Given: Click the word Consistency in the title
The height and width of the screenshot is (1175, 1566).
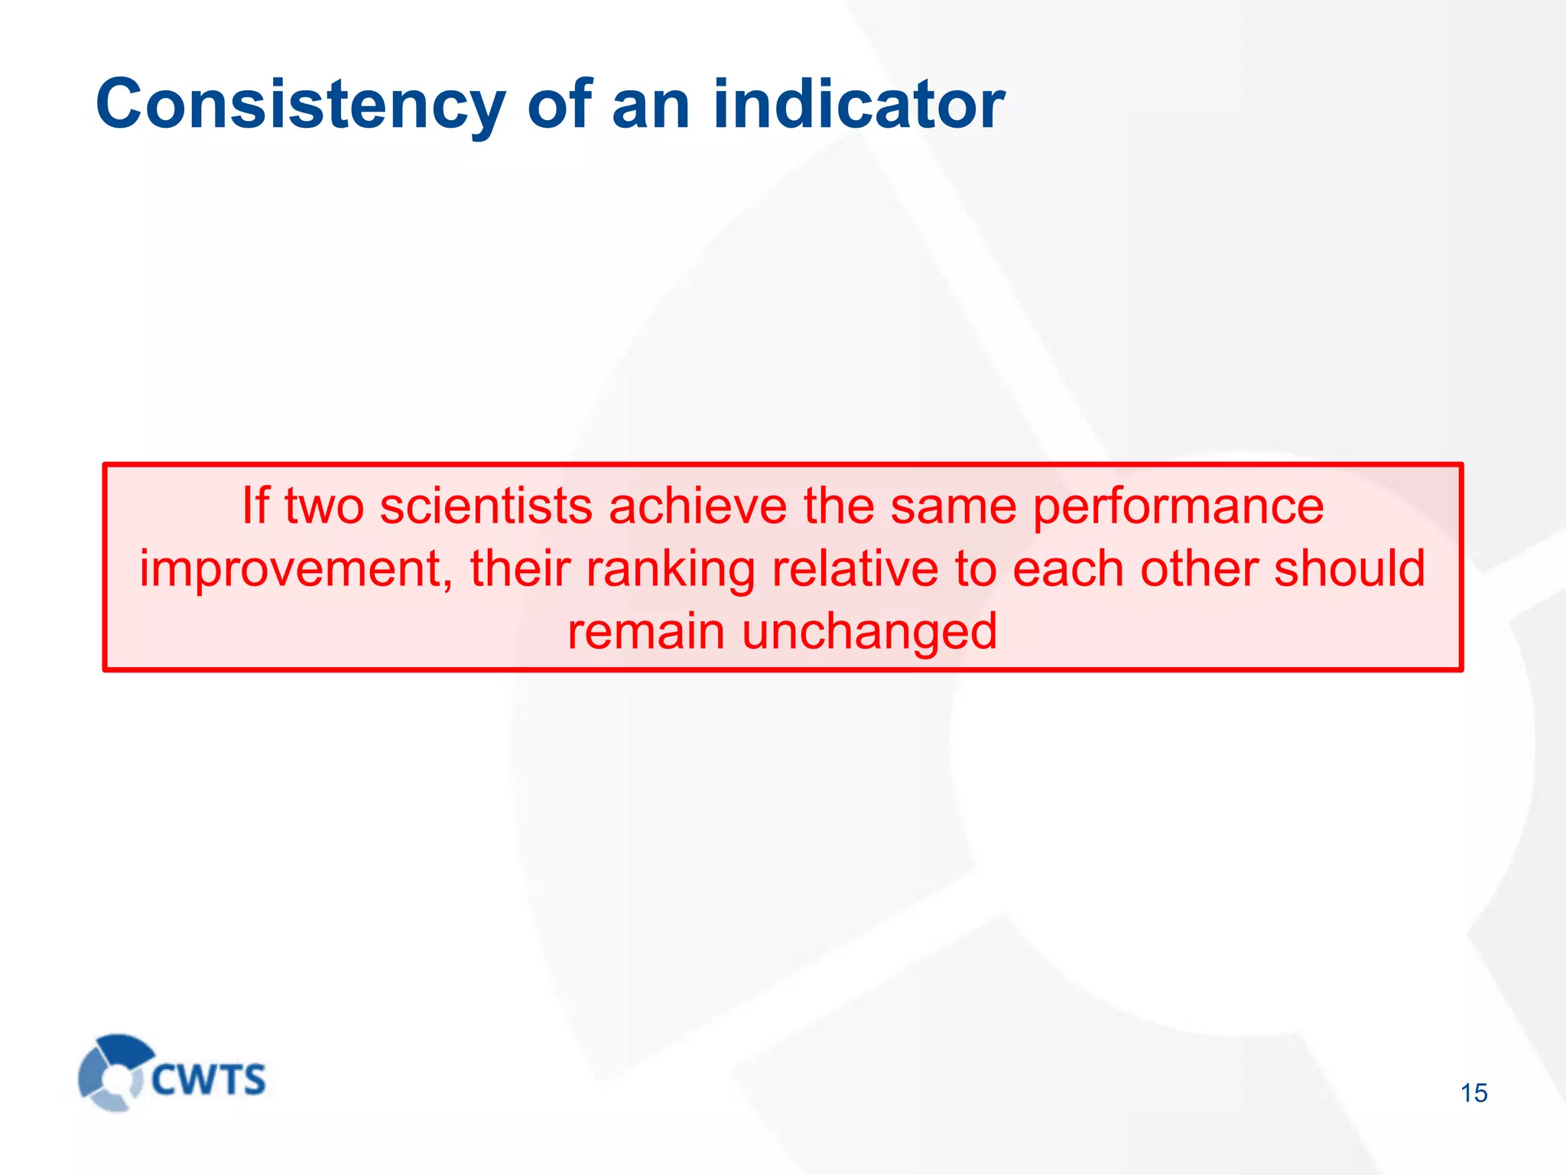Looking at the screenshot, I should [x=300, y=105].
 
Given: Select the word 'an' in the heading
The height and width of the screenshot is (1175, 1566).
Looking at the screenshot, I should [x=650, y=105].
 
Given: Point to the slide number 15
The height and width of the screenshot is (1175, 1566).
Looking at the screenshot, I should [x=1473, y=1093].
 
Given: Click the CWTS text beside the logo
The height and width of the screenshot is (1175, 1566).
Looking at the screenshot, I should [x=208, y=1080].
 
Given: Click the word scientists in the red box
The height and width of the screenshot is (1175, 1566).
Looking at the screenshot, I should [x=486, y=506].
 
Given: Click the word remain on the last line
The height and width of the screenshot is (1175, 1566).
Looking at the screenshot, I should [x=645, y=633].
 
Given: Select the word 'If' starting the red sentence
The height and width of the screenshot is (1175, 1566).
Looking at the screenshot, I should [x=255, y=506].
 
